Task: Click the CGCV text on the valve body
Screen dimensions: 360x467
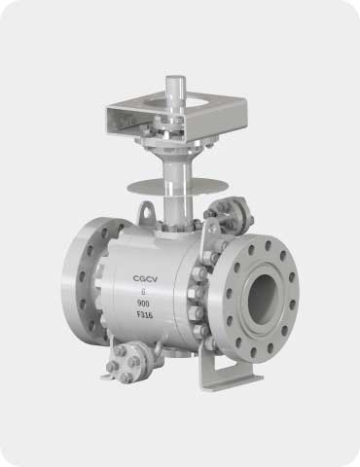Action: (145, 279)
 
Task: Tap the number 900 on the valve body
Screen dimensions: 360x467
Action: (143, 304)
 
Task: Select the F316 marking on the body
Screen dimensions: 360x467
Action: (145, 315)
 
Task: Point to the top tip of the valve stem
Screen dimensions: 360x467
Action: (175, 77)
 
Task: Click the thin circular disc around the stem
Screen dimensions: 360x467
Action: (176, 187)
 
